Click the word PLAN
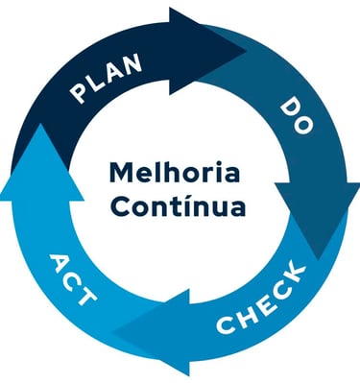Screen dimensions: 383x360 point(108,79)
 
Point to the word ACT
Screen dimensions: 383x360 point(73,279)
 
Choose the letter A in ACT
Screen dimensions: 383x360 point(60,261)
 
